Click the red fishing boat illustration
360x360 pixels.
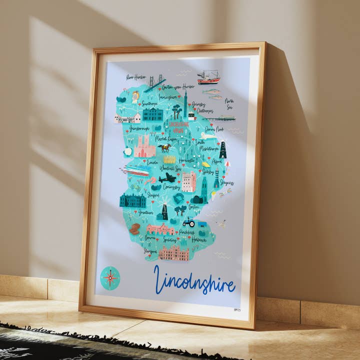tap(208, 77)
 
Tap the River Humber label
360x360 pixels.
tap(136, 77)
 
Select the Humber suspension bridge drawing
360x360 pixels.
tap(155, 82)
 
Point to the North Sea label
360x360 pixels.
tap(228, 103)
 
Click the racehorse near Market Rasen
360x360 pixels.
tap(164, 147)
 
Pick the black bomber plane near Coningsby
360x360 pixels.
tap(167, 177)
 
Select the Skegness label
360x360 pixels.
tap(226, 182)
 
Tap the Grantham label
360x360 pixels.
tap(146, 212)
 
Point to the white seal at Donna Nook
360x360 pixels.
tap(207, 135)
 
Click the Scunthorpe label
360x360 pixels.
tap(149, 103)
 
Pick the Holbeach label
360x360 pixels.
tap(198, 240)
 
